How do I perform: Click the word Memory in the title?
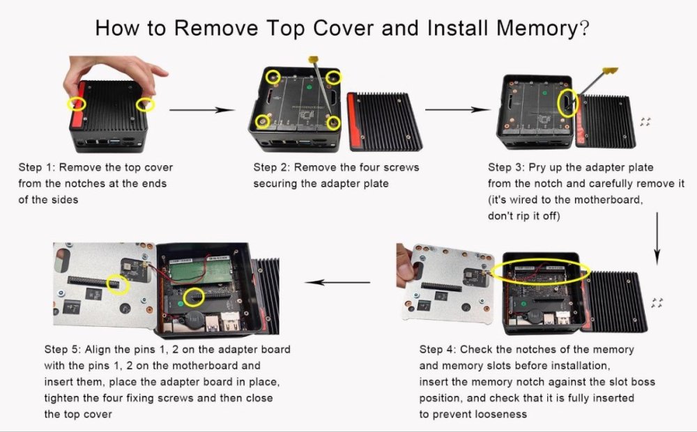coord(537,28)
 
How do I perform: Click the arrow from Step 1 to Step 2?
coord(202,109)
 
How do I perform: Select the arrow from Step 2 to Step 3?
coord(457,109)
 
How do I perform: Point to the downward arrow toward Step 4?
coord(657,239)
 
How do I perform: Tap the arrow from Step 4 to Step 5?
coord(337,282)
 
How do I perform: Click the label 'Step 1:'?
coord(36,167)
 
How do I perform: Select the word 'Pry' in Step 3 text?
coord(538,168)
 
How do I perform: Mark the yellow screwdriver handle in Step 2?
coord(314,59)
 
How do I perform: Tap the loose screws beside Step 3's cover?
coord(645,122)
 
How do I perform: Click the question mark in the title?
coord(585,29)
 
